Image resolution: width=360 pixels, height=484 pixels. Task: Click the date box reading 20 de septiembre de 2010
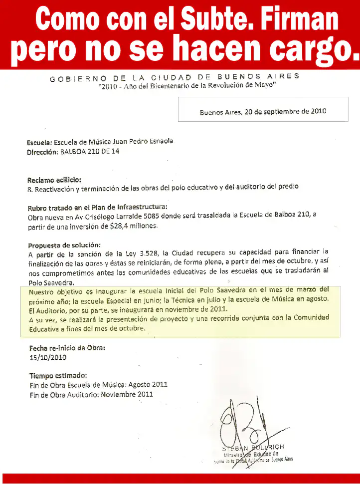click(263, 111)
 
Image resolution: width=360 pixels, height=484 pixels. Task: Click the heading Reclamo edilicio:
click(54, 179)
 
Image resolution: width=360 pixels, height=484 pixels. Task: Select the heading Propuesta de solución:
click(64, 244)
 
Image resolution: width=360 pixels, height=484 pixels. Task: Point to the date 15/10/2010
click(48, 357)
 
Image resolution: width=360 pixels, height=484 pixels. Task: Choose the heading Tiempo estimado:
click(58, 376)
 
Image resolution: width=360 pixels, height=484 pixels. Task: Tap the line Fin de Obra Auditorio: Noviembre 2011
click(91, 394)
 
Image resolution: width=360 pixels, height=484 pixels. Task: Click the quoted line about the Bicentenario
click(187, 86)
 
